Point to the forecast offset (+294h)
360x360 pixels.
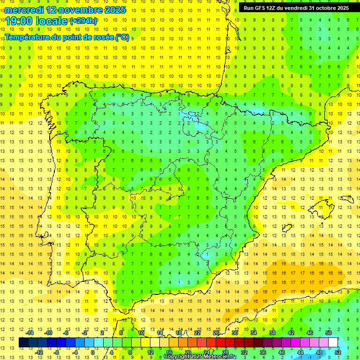(83, 21)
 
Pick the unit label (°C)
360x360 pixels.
(122, 37)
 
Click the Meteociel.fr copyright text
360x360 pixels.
(200, 357)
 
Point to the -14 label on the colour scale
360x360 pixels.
(30, 332)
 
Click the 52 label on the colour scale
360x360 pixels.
(338, 352)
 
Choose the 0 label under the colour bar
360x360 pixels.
(93, 352)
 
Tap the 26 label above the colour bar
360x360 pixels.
(216, 332)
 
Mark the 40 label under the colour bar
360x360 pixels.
(281, 352)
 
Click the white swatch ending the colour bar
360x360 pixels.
(333, 342)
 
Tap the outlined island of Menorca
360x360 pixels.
(346, 199)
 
